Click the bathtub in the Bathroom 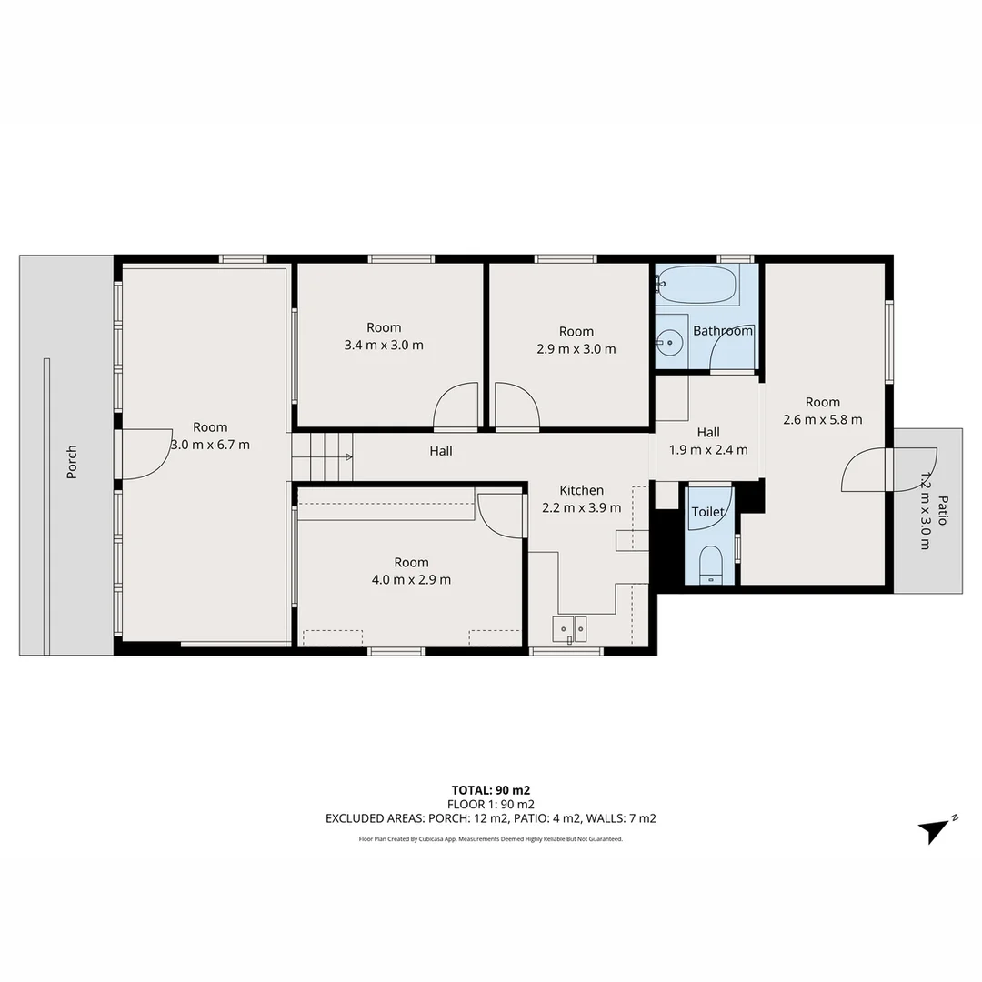pos(698,285)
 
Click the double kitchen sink pos(570,627)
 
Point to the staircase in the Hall pos(322,456)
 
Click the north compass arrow pos(935,829)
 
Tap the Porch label pos(72,462)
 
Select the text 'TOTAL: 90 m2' pos(491,789)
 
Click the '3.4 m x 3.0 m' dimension pos(384,345)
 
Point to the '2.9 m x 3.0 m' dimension pos(576,348)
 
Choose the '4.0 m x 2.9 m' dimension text pos(411,579)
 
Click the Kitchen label pos(581,490)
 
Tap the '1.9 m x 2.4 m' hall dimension pos(708,449)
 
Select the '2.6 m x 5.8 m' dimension pos(822,419)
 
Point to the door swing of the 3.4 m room pos(456,406)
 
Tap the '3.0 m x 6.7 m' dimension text pos(210,445)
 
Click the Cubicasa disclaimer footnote pos(491,839)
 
